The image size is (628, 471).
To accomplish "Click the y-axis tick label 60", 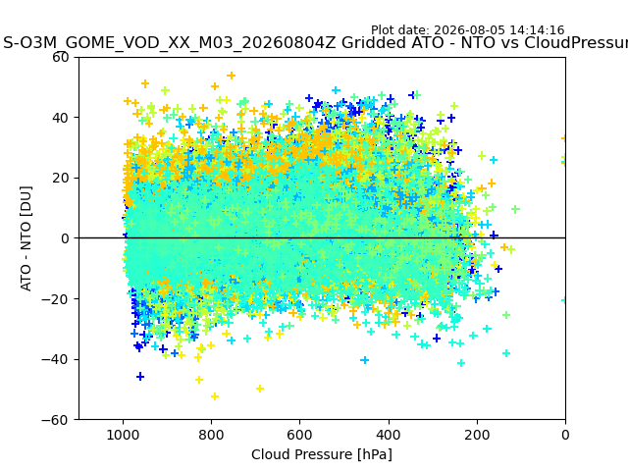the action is point(61,57).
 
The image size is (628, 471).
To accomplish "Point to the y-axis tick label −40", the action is point(55,359).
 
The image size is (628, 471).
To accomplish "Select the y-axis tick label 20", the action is point(61,178).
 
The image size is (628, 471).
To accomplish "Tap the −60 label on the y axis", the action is point(55,420).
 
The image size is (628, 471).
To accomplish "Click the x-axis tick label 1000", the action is point(123,435).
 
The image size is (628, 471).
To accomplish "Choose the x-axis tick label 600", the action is point(300,435).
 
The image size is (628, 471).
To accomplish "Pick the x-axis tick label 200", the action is point(477,435).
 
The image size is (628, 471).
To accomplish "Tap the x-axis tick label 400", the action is point(389,435).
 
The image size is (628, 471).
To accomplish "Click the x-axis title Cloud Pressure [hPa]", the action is point(322,454).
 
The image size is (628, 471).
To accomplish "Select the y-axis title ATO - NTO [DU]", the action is point(26,238).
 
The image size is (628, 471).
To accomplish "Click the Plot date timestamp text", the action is point(467,30).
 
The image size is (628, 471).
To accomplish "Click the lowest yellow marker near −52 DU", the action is point(215,396).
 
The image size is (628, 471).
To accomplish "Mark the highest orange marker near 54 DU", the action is point(232,76).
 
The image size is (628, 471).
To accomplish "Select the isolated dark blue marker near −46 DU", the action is point(140,377).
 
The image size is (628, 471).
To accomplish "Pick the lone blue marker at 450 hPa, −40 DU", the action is point(364,360).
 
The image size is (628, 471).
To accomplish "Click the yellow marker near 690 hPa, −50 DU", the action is point(260,389).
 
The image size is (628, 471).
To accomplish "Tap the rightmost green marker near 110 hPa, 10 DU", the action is point(516,209).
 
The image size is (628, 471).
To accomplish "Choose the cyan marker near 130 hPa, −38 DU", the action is point(506,353).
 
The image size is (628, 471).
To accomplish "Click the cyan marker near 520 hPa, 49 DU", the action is point(336,90).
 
